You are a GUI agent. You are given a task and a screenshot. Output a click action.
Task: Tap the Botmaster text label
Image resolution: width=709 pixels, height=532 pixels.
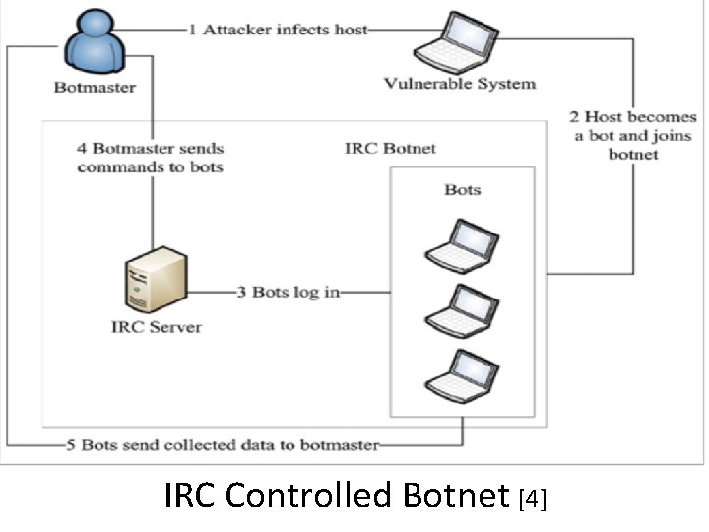click(95, 87)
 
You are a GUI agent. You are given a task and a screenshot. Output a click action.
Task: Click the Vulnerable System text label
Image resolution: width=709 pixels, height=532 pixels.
click(460, 83)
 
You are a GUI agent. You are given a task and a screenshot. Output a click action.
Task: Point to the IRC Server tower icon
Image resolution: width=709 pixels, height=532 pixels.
click(156, 279)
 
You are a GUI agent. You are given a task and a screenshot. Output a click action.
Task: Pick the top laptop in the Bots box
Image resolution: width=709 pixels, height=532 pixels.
click(462, 245)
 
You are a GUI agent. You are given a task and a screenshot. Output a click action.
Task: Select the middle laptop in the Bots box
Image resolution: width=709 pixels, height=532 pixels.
click(462, 310)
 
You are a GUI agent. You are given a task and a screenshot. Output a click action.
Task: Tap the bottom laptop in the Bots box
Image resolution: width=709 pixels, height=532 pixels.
click(462, 375)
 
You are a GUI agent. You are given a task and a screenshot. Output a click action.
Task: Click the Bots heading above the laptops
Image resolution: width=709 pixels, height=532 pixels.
click(462, 188)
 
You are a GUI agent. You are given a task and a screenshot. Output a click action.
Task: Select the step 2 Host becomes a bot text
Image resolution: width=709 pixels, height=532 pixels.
click(634, 136)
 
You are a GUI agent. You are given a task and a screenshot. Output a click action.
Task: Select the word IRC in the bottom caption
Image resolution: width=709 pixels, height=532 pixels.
click(191, 496)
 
